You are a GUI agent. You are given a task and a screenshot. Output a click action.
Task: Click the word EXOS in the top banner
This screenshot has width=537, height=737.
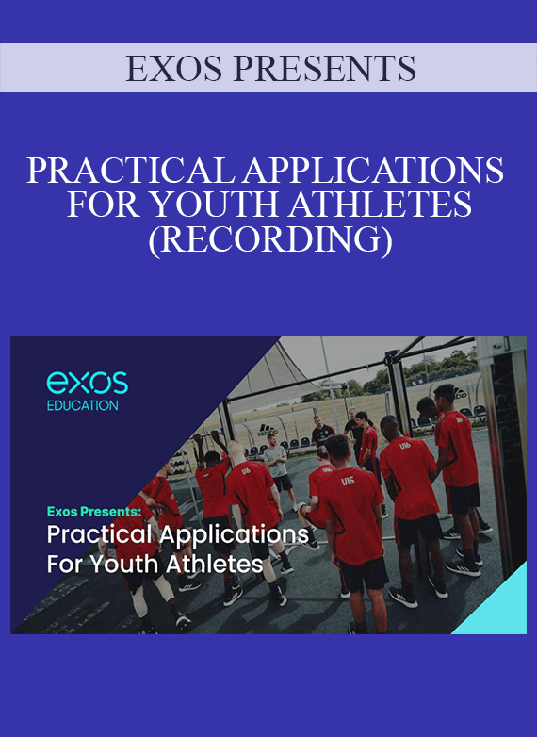coord(173,69)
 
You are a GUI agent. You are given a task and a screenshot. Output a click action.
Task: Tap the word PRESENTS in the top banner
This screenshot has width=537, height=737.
coord(325,69)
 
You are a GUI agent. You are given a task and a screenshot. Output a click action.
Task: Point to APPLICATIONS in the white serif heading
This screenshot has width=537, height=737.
coord(373,171)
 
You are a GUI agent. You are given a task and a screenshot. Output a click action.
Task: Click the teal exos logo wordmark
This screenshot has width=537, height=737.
coord(88,382)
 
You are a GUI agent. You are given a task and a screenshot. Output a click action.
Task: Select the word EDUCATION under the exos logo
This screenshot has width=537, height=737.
coord(83,405)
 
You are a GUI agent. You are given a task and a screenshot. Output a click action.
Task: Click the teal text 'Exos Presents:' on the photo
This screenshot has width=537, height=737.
coord(94,512)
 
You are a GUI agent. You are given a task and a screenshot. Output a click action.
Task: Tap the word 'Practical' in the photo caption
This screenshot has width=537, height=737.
coord(99,535)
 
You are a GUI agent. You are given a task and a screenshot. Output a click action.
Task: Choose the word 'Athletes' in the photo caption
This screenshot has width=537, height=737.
coord(214,565)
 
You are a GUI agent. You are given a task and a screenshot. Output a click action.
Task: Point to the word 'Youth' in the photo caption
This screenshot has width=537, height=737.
coord(125,565)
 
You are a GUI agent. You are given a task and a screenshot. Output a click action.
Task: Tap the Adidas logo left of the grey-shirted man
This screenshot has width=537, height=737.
coord(268,430)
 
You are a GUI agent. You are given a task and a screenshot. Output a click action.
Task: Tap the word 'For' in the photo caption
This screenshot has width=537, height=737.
coord(65,565)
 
